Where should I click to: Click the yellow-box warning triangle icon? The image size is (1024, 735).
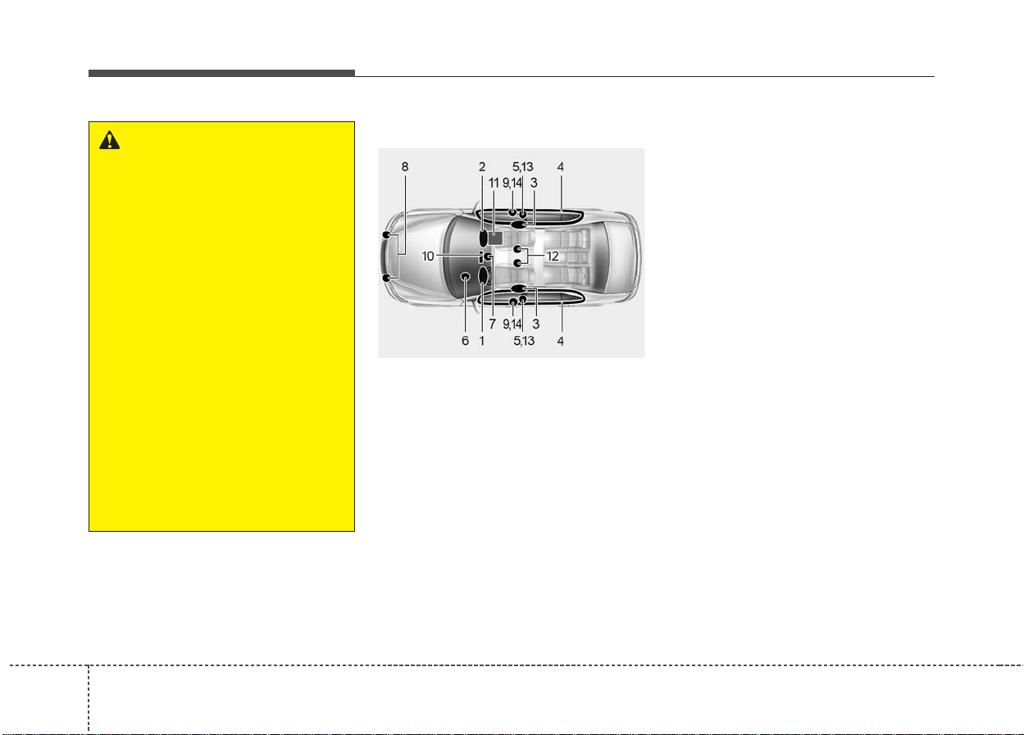coord(109,140)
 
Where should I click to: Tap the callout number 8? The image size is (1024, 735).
coord(404,166)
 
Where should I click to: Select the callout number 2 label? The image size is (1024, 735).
coord(482,166)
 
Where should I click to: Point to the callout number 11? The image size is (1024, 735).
coord(494,183)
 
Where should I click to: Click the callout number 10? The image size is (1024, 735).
coord(427,256)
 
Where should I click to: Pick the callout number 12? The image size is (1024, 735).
coord(553,256)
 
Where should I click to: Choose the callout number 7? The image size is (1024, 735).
coord(492,324)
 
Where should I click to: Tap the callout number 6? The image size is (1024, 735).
coord(465,341)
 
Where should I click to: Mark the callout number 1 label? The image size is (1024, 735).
coord(482,341)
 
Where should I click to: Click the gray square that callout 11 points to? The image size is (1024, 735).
coord(495,238)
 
